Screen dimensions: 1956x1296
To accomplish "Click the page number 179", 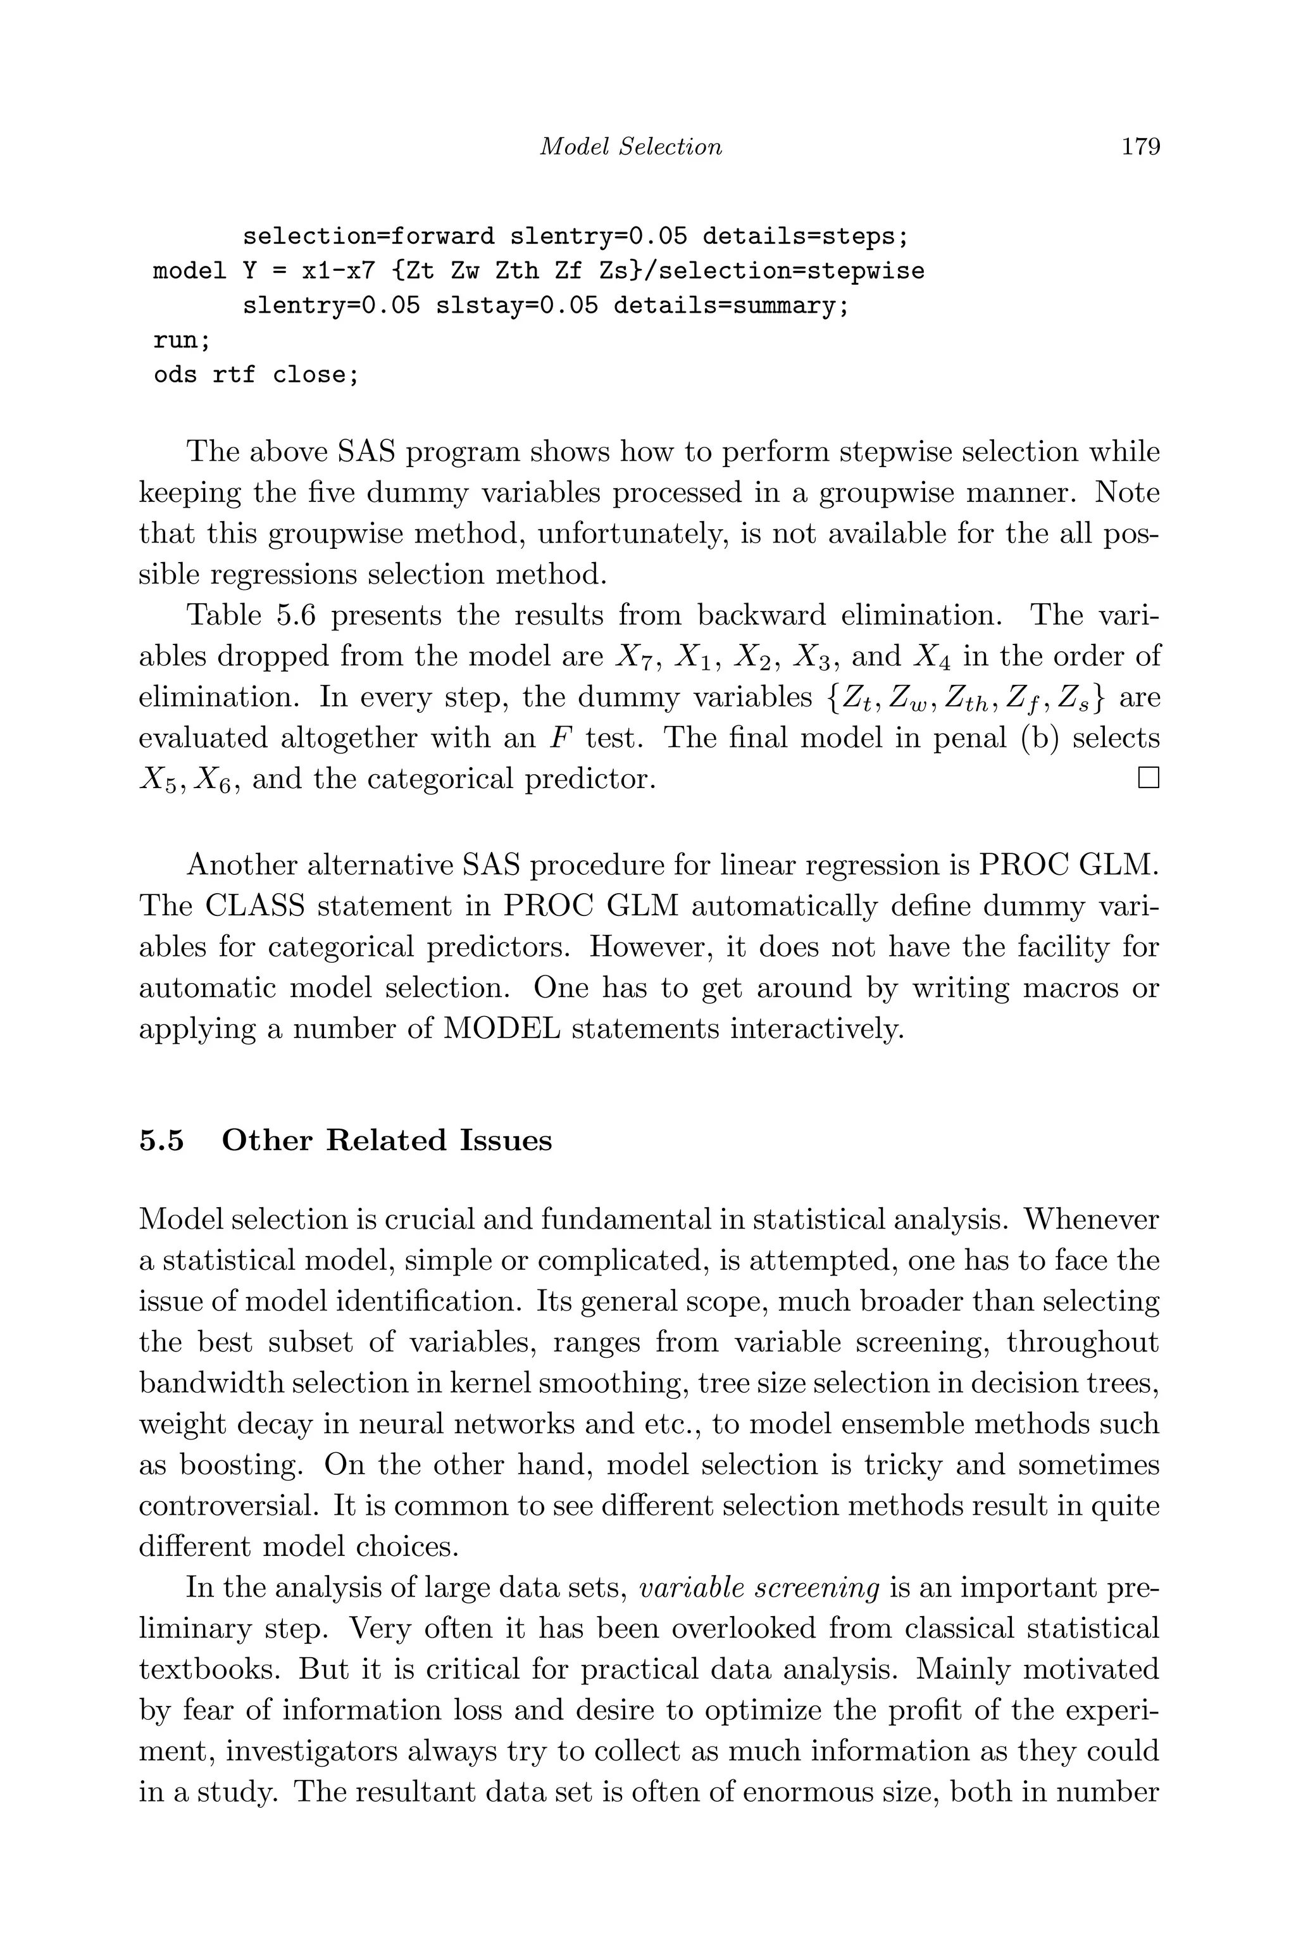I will [x=1140, y=147].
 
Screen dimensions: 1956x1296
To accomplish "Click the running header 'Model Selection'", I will [x=631, y=147].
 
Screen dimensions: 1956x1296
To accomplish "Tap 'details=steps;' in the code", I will [x=805, y=237].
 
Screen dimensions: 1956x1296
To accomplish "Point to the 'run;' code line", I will [x=182, y=341].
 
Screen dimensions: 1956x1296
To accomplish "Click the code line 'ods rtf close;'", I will [x=256, y=375].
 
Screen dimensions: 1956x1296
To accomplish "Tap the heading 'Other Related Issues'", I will [x=387, y=1141].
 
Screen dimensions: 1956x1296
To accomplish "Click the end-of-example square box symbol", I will [x=1148, y=778].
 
